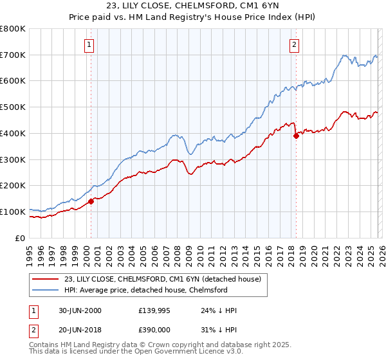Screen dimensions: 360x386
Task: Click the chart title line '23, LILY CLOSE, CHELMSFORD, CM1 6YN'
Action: coord(193,6)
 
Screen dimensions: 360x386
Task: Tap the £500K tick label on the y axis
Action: coord(12,107)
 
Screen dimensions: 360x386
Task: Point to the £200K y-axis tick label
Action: coord(12,186)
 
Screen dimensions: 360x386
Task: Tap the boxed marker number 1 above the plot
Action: coord(88,45)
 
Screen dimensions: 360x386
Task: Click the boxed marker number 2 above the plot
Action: coord(294,45)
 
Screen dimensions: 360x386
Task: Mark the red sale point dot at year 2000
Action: coord(91,201)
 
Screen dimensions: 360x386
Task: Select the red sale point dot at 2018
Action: coord(296,136)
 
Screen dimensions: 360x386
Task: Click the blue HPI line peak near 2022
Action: coord(344,56)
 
